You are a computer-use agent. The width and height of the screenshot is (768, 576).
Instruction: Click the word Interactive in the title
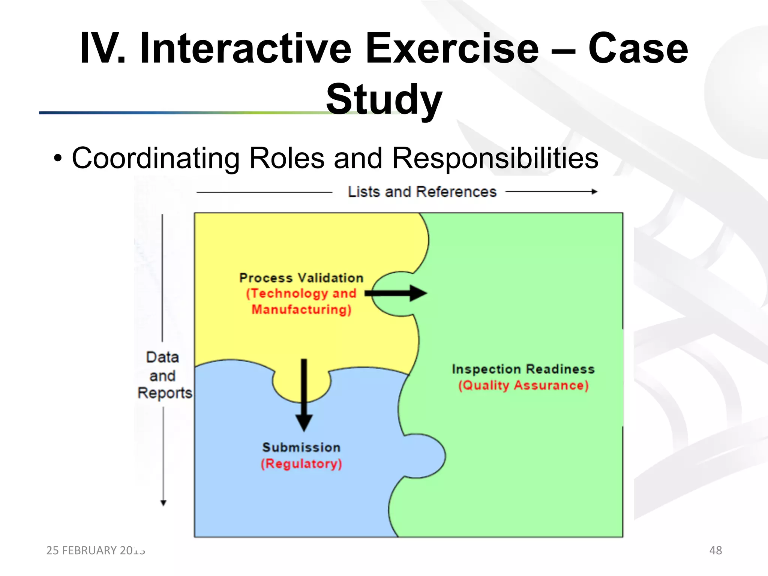click(246, 49)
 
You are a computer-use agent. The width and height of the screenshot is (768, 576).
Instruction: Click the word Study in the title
click(384, 99)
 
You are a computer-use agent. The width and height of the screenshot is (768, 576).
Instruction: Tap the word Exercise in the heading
click(452, 49)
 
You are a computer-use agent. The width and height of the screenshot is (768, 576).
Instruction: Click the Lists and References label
click(422, 192)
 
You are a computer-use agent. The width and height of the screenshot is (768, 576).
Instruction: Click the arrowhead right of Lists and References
click(594, 192)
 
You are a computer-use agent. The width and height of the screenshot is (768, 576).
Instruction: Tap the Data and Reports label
click(163, 375)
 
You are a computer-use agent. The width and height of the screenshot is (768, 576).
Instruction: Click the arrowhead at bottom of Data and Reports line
click(163, 503)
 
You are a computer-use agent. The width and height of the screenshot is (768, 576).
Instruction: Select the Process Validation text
click(301, 278)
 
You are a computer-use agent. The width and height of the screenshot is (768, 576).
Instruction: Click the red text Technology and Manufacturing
click(301, 301)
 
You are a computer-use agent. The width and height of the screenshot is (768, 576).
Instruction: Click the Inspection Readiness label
click(523, 369)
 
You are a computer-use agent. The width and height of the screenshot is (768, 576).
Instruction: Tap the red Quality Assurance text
click(523, 385)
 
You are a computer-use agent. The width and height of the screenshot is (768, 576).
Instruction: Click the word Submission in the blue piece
click(301, 447)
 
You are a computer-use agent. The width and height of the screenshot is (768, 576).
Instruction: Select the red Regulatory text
click(301, 464)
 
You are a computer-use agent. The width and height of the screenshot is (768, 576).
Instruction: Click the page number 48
click(715, 550)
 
